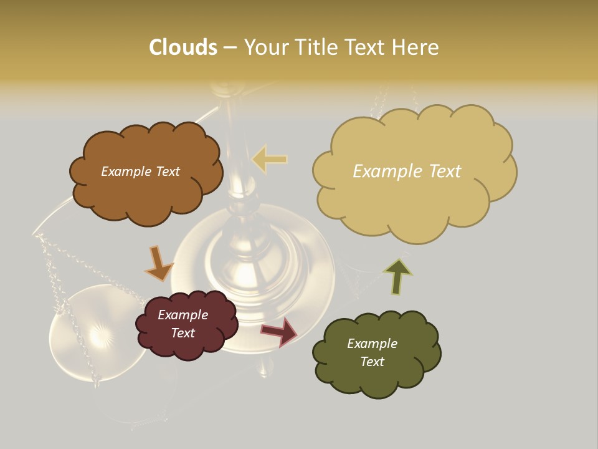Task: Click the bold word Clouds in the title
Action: (x=183, y=47)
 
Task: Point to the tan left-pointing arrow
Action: (x=270, y=159)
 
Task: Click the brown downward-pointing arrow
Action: (x=158, y=264)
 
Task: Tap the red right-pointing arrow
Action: (x=280, y=331)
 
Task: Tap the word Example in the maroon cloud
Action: (x=183, y=315)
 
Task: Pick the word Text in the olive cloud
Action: (x=372, y=362)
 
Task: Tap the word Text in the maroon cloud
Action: (x=183, y=333)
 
